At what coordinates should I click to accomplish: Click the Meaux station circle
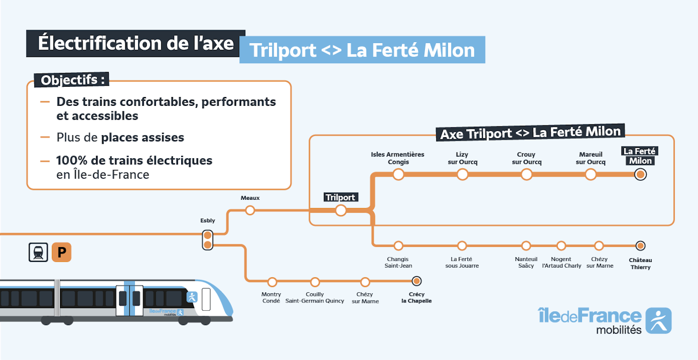point(250,210)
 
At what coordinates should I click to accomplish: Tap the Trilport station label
point(340,197)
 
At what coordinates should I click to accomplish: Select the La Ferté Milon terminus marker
point(640,175)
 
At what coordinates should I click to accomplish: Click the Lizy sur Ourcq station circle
point(462,175)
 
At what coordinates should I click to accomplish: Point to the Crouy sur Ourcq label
point(527,158)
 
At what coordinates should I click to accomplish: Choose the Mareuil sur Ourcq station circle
point(591,175)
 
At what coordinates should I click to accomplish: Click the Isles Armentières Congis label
point(398,158)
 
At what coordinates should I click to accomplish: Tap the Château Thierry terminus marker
point(640,245)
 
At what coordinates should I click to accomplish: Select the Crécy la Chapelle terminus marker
point(417,281)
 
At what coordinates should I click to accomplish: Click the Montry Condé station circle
point(272,281)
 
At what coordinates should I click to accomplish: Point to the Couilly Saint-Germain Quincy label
point(315,297)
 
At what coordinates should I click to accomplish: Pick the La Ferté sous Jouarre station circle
point(462,245)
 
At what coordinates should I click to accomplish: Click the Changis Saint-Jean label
point(398,262)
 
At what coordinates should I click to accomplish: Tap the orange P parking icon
point(62,253)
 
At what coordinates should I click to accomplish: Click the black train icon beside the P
point(38,253)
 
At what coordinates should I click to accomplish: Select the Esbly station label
point(207,221)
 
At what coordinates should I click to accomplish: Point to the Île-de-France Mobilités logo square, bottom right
point(658,320)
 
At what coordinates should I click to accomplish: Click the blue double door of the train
point(129,298)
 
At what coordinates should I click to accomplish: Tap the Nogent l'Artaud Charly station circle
point(561,245)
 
